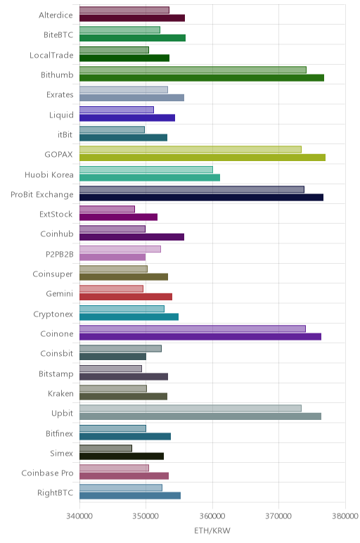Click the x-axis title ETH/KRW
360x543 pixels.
[x=212, y=530]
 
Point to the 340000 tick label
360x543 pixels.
[x=79, y=516]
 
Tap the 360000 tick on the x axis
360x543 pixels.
[x=212, y=516]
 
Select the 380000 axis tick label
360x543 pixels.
[x=345, y=516]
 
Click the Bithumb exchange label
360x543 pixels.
[x=57, y=75]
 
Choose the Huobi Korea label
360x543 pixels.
[x=49, y=174]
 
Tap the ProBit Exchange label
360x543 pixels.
[x=42, y=195]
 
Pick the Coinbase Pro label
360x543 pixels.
[x=47, y=473]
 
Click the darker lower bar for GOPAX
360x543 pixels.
[x=202, y=158]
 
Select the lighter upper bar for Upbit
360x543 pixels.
[x=191, y=408]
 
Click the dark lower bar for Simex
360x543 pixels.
[x=122, y=456]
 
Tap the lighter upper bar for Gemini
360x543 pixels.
[x=112, y=289]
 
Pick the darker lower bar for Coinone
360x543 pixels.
[x=200, y=337]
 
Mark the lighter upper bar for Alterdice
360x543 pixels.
[x=124, y=10]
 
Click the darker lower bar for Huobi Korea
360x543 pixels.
[x=150, y=178]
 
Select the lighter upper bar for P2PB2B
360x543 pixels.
[x=120, y=249]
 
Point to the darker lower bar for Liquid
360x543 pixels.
[x=127, y=117]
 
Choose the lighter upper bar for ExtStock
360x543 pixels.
[x=107, y=209]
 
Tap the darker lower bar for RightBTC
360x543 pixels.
[x=130, y=496]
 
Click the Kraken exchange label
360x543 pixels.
[x=60, y=393]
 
